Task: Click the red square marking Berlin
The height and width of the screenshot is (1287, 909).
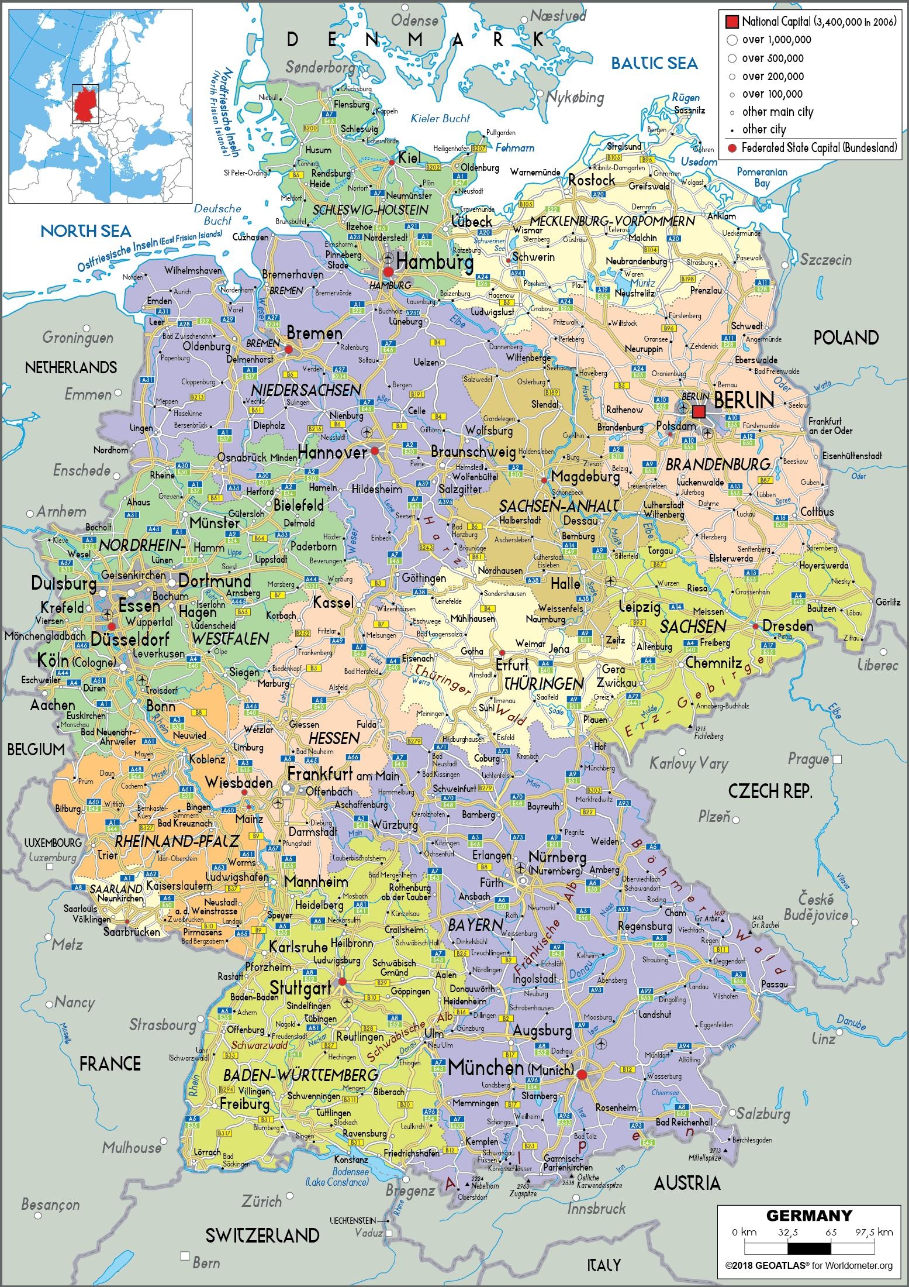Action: [x=699, y=411]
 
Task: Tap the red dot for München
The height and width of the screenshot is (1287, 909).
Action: [x=581, y=1074]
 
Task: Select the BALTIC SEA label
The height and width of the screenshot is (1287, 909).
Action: [x=654, y=63]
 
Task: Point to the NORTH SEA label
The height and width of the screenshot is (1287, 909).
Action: [x=86, y=230]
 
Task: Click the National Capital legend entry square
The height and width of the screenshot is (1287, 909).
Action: [x=731, y=22]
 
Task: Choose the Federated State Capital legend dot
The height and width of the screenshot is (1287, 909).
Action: [x=731, y=148]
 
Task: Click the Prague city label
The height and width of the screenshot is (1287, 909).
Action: [x=808, y=759]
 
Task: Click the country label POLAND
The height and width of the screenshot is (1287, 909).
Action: [x=846, y=338]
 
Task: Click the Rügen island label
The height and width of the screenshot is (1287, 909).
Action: [x=685, y=98]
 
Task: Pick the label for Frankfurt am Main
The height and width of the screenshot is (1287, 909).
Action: [x=343, y=775]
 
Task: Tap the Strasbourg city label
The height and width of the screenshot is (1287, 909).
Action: [x=163, y=1025]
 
